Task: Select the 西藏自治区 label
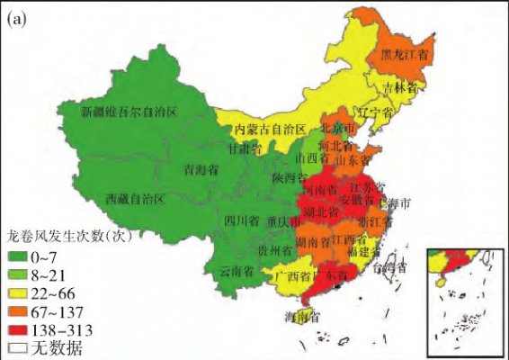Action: coord(135,197)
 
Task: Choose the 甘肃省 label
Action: coord(244,149)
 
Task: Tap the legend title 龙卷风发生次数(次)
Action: coord(65,238)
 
